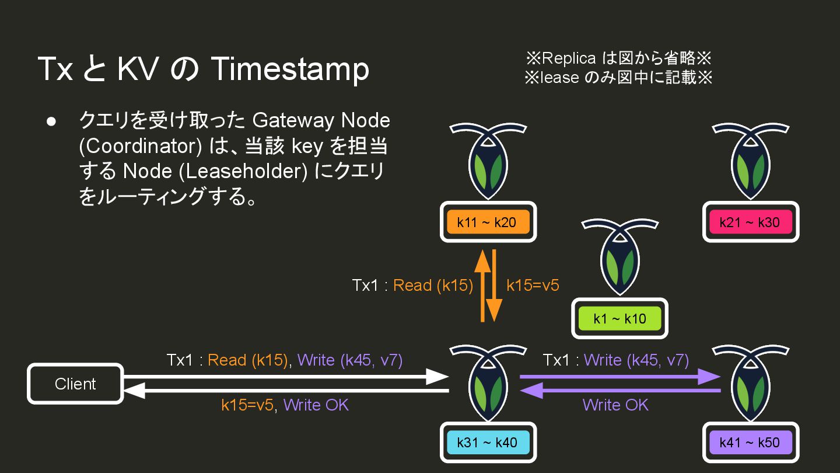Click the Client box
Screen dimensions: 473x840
coord(75,384)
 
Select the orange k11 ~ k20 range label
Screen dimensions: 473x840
coord(487,222)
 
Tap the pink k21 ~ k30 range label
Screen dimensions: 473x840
coord(750,222)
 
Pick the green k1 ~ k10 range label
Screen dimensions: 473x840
coord(619,318)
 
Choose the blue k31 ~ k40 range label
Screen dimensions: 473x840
coord(487,442)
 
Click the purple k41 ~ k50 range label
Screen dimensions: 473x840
coord(750,442)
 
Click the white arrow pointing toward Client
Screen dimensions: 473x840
coord(286,391)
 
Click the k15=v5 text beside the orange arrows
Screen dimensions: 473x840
coord(533,285)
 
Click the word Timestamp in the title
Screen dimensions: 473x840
coord(289,69)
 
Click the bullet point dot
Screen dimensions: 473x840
coord(51,121)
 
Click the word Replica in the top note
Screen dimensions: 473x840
coord(569,58)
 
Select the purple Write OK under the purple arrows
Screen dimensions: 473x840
coord(615,405)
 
